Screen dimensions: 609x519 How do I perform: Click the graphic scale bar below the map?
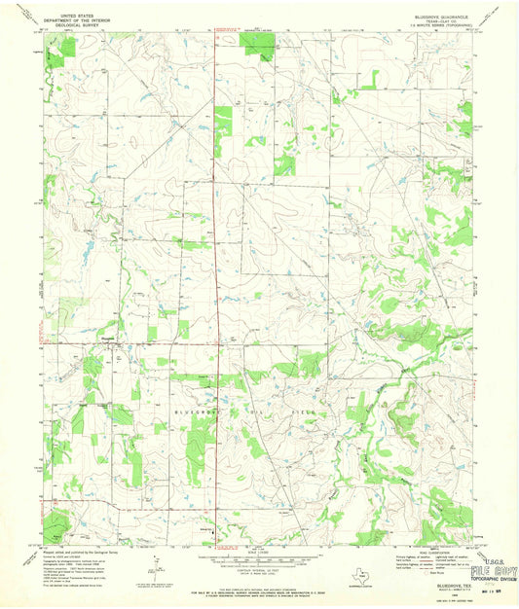click(x=258, y=560)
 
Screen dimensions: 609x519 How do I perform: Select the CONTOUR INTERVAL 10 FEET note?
click(x=258, y=569)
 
